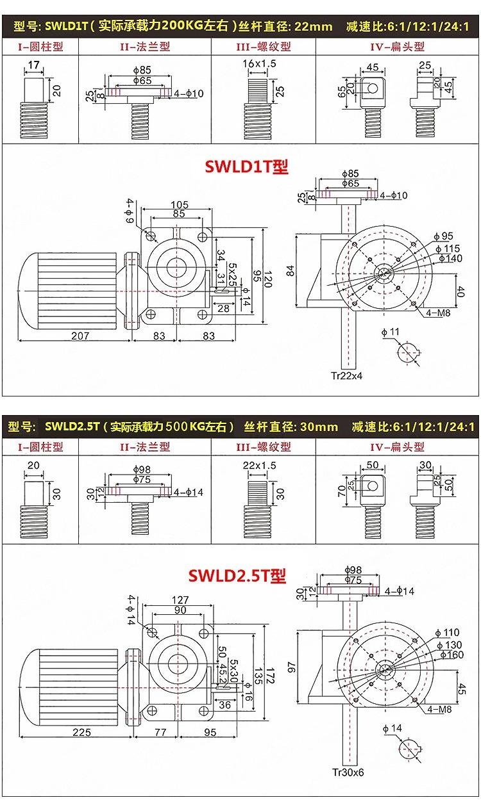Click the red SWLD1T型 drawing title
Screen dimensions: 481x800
click(246, 167)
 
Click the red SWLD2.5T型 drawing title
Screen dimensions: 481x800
click(237, 575)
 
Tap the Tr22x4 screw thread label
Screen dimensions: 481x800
click(346, 376)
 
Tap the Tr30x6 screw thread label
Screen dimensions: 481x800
click(348, 772)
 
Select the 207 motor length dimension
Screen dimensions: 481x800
click(80, 336)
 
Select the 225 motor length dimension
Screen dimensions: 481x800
click(81, 732)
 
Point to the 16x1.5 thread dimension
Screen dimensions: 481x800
click(259, 63)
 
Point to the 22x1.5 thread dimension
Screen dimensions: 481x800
click(259, 466)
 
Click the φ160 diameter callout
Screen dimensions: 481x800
click(452, 655)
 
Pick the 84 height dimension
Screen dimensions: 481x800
click(291, 271)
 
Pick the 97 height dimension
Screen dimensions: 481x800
click(292, 667)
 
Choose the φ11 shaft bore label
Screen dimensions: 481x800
click(391, 332)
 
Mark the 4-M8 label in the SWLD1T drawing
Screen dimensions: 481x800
click(438, 313)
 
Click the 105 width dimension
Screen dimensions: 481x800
click(179, 204)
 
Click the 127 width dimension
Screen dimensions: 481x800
click(180, 600)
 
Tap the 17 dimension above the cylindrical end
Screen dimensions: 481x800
click(33, 65)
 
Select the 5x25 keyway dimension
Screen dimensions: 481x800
click(232, 274)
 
